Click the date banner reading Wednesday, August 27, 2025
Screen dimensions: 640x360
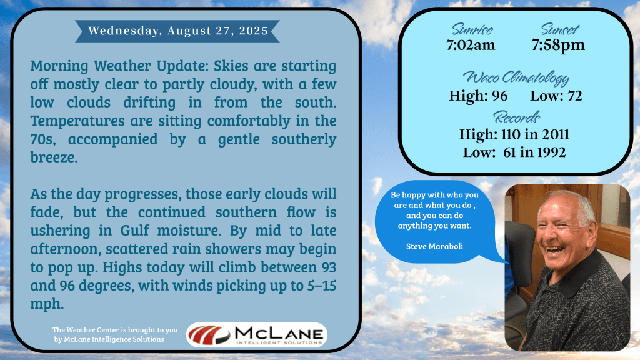click(177, 31)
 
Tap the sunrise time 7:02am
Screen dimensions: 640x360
click(471, 45)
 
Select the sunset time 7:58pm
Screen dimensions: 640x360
click(558, 45)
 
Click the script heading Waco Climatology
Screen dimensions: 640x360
click(516, 77)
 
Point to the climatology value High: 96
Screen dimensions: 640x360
click(478, 96)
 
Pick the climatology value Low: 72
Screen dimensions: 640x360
click(556, 96)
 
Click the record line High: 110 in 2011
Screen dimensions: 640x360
click(514, 134)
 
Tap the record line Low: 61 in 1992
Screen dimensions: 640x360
click(514, 152)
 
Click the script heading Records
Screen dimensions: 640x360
click(517, 117)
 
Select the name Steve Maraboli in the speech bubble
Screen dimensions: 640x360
click(434, 246)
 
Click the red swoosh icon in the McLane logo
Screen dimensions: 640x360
click(209, 335)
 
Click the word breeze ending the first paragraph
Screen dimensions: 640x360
click(54, 157)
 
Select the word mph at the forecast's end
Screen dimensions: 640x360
click(47, 304)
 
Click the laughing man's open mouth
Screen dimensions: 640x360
click(555, 249)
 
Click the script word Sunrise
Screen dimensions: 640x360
click(472, 29)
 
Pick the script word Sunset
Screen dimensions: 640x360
click(559, 29)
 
